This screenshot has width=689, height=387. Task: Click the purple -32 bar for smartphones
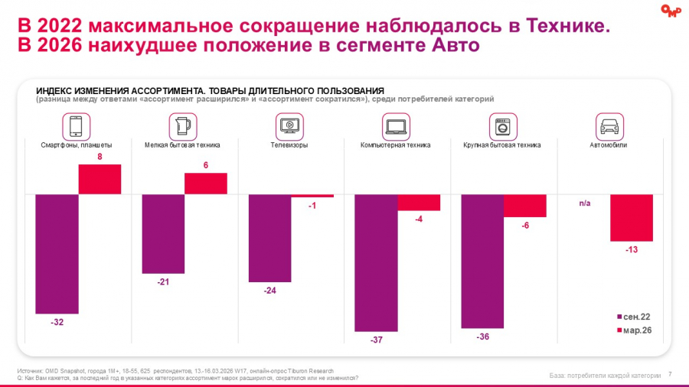[x=57, y=254]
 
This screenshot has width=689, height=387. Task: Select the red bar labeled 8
[x=100, y=179]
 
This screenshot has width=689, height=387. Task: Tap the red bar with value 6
[x=206, y=184]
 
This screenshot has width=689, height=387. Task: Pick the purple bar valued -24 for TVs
[x=270, y=238]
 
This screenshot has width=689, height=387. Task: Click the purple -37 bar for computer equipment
[x=376, y=262]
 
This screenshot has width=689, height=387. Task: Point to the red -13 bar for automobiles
[x=632, y=218]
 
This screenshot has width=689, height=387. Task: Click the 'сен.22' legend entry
[x=635, y=317]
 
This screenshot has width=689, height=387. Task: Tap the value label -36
[x=483, y=337]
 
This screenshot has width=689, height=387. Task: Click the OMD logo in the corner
[x=670, y=10]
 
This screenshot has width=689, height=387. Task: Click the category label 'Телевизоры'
[x=289, y=145]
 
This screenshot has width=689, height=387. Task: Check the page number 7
[x=670, y=374]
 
